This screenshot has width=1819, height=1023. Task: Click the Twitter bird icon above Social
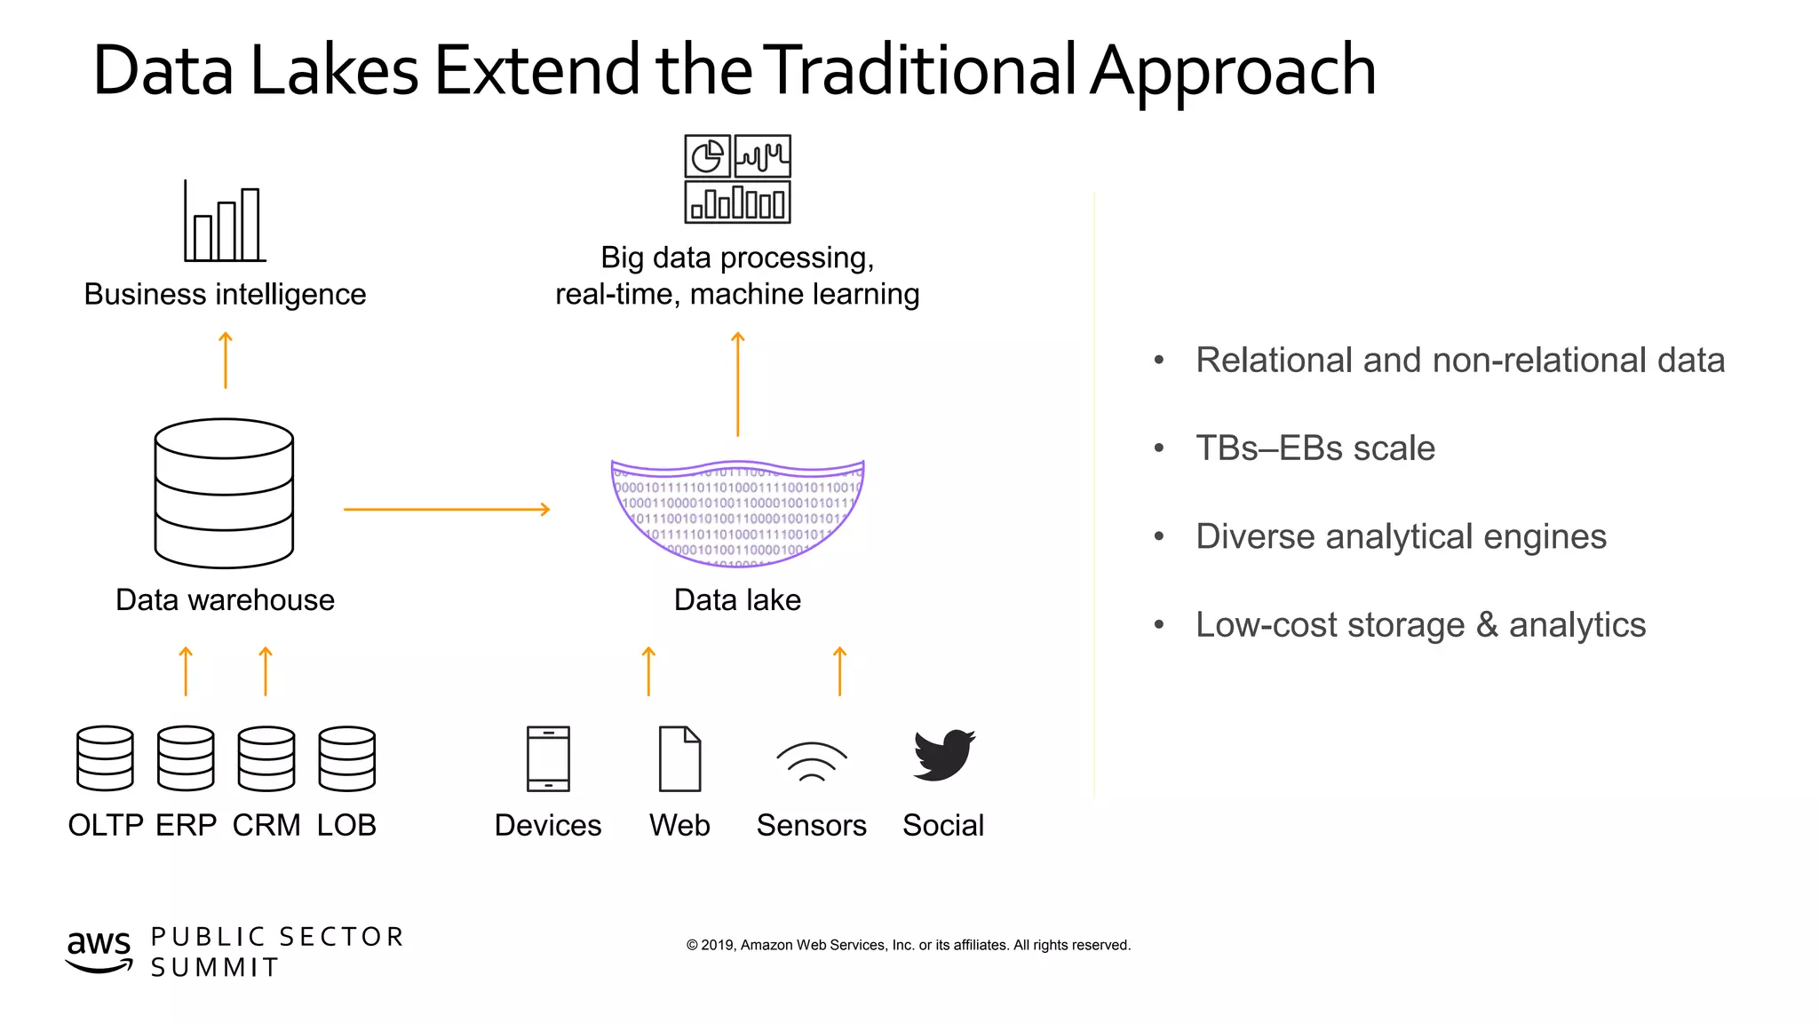(943, 756)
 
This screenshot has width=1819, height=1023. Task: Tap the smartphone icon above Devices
(548, 758)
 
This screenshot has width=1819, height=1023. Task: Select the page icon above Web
(679, 758)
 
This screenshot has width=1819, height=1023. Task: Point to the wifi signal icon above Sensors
(812, 761)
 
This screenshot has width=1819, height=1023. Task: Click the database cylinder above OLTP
(105, 758)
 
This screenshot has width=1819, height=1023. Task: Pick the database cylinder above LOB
(347, 758)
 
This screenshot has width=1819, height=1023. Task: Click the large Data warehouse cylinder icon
(224, 493)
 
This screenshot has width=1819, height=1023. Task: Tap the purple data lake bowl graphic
(737, 513)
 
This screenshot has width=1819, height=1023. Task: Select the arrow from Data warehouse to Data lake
(447, 510)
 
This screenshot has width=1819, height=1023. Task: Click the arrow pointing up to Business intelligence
(226, 360)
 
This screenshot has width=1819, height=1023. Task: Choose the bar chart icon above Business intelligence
(225, 222)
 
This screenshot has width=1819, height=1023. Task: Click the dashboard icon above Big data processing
(737, 178)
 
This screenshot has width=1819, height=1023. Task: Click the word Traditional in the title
(921, 70)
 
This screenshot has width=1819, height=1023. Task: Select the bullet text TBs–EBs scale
(1315, 448)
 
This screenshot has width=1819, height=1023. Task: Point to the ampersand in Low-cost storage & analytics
(1487, 625)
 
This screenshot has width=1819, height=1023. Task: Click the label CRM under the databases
(266, 825)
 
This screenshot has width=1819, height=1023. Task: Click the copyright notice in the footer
(908, 945)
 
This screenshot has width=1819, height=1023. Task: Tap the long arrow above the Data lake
(737, 385)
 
